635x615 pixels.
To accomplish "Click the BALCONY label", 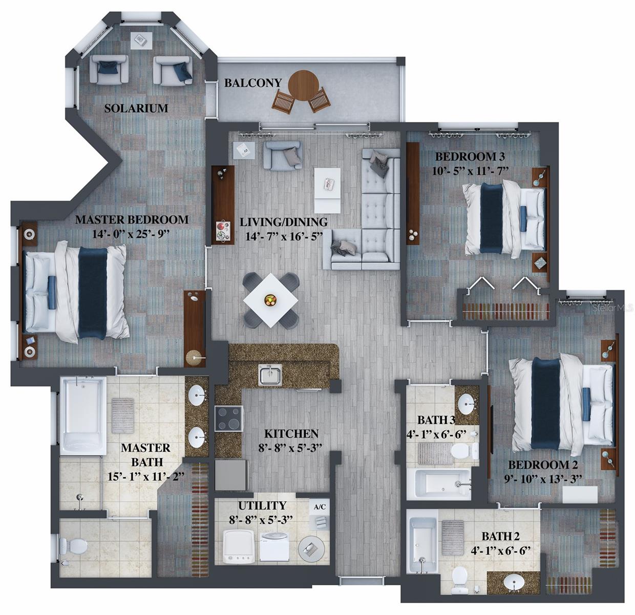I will (253, 83).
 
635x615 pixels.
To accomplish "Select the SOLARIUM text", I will (136, 108).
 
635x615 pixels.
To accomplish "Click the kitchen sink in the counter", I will (269, 375).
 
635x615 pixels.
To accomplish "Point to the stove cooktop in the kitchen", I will (228, 419).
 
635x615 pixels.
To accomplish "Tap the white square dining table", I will (271, 300).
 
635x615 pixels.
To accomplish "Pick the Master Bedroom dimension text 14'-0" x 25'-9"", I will (132, 233).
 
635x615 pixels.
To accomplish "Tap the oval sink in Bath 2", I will (513, 582).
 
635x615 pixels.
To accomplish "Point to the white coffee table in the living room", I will (327, 190).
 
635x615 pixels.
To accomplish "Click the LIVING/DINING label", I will (284, 222).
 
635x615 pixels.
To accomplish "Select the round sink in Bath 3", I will (467, 402).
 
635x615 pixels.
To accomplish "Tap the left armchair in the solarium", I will (109, 69).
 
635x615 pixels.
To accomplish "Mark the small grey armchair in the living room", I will (283, 155).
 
